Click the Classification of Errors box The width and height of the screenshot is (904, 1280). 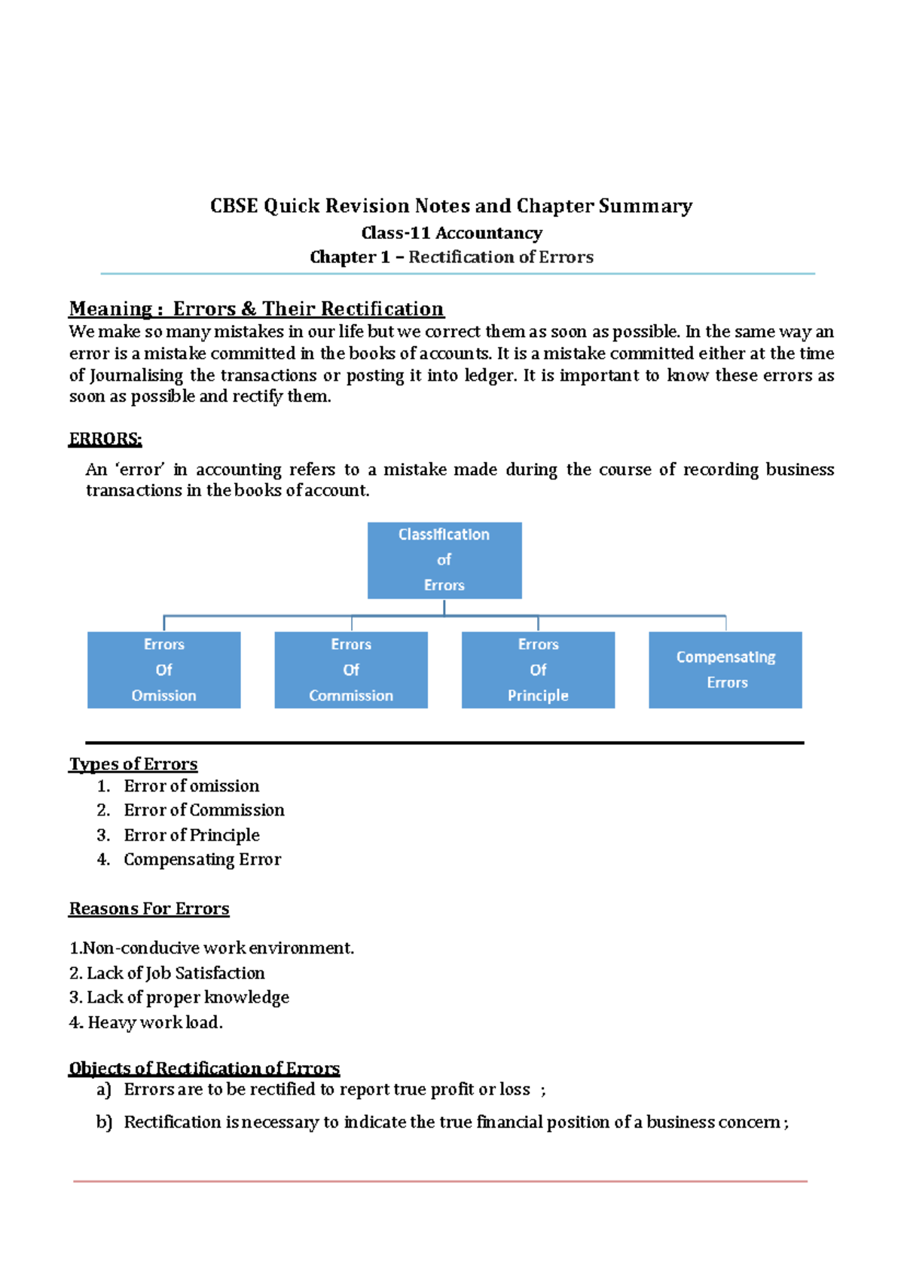coord(444,560)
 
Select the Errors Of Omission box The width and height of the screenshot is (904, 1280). coord(164,669)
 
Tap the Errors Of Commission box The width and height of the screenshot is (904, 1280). coord(351,669)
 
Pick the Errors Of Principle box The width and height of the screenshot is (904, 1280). coord(538,669)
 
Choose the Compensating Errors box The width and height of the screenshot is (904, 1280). coord(725,669)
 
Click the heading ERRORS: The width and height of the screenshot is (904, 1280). coord(105,439)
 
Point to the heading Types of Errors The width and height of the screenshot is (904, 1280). coord(133,764)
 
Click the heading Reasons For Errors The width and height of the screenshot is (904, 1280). coord(149,909)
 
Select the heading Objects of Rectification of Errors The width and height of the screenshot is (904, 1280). coord(204,1068)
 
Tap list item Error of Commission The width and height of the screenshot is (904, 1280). coord(204,810)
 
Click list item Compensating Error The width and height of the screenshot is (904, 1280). coord(202,859)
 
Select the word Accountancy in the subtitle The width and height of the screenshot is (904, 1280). coord(489,234)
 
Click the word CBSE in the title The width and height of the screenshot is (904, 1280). coord(234,206)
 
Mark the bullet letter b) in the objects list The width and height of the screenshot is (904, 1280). coord(104,1122)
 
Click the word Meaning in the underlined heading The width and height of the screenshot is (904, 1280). coord(110,309)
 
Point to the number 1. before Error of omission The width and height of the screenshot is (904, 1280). coord(104,786)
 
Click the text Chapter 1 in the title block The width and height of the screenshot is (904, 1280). coord(350,257)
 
